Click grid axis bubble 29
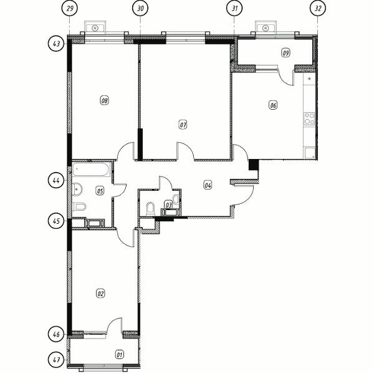(x=70, y=8)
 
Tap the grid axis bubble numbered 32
(x=317, y=8)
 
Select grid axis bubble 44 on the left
(x=56, y=180)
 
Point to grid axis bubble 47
(x=56, y=360)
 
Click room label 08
(x=105, y=100)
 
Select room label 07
(x=183, y=125)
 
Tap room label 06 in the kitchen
(x=273, y=105)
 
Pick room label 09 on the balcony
(x=285, y=52)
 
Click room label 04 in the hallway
(x=208, y=185)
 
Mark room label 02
(x=100, y=293)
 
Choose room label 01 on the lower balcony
(x=120, y=355)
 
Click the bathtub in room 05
(x=92, y=170)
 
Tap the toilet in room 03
(x=150, y=209)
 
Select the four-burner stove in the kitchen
(x=309, y=119)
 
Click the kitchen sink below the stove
(x=310, y=153)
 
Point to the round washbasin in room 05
(x=77, y=189)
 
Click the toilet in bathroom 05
(x=79, y=206)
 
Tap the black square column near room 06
(x=254, y=165)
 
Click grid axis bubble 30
(x=140, y=8)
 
